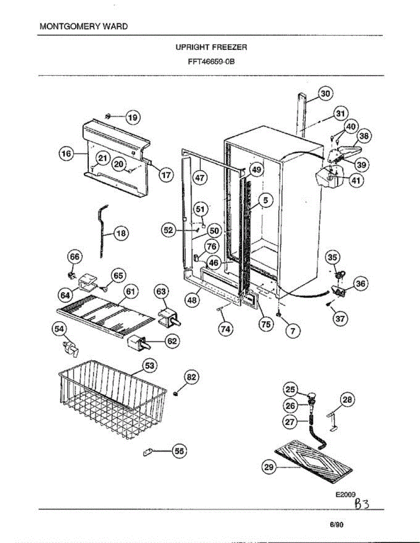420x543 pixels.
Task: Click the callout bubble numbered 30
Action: pos(324,94)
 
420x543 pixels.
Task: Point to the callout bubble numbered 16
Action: pos(67,154)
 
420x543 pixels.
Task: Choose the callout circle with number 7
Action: pos(293,331)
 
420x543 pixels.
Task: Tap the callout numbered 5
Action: pos(266,200)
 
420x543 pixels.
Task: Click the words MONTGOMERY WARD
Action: pos(83,26)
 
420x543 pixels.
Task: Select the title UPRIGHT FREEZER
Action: pos(211,47)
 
